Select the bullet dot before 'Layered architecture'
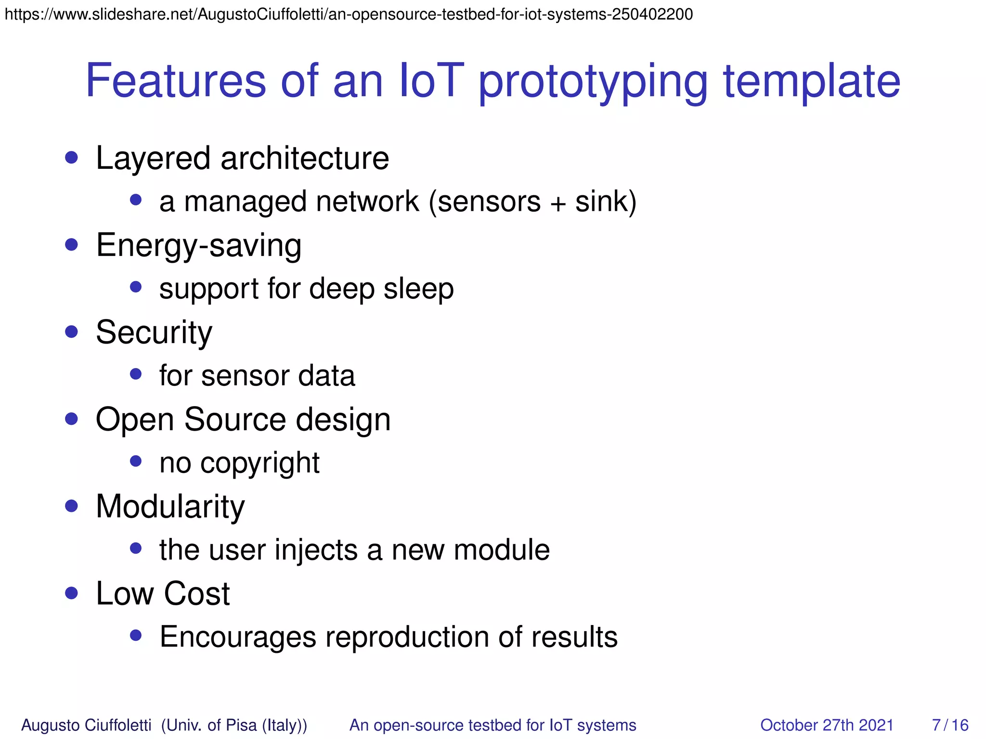coord(72,158)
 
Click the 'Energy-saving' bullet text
coord(199,246)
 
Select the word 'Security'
coord(154,332)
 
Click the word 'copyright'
coord(259,464)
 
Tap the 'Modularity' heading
coord(170,507)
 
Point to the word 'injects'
coord(316,550)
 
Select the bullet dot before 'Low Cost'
coord(72,593)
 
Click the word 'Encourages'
coord(238,637)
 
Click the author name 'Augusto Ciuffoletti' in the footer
coord(87,725)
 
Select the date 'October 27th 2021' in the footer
coord(826,725)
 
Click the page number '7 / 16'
coord(950,725)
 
